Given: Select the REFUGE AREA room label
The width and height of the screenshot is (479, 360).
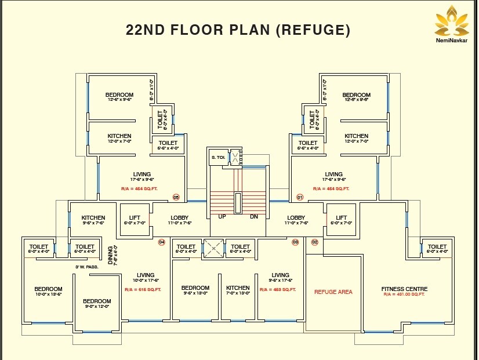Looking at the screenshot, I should coord(333,292).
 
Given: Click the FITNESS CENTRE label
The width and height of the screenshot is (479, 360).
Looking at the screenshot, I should coord(404,289).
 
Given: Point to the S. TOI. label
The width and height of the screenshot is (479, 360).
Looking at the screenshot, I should coord(217,158).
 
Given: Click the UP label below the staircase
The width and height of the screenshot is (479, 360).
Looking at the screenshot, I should coord(222,217).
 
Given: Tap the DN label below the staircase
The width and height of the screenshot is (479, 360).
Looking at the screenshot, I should coord(253,217).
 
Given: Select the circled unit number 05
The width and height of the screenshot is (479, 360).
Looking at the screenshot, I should coord(176,197).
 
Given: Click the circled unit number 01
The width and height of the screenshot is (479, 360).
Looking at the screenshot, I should coord(300,197).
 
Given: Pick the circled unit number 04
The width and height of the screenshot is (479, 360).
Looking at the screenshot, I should coord(162,242).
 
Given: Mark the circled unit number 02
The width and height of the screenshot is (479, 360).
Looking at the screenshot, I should coord(315,242).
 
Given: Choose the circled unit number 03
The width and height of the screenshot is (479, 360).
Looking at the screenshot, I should coord(295,242).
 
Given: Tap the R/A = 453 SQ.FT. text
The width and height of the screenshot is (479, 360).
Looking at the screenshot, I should coord(278,289).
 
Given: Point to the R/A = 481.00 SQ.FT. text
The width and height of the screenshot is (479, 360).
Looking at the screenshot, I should coord(404,294).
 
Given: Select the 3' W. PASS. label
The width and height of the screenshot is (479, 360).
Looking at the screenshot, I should coord(86,267).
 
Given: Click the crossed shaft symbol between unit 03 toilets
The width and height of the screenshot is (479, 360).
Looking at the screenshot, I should coord(213,249).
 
